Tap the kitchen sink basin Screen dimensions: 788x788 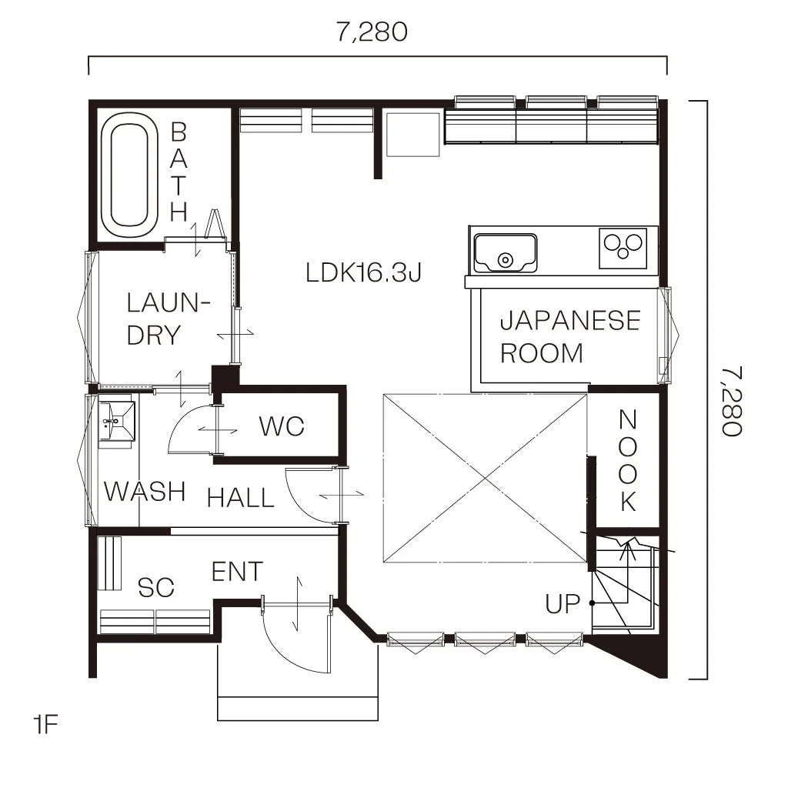click(505, 252)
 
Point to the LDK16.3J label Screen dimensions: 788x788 click(363, 273)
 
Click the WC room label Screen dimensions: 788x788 click(282, 426)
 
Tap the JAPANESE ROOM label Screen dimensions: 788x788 click(570, 337)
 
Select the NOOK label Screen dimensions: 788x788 click(628, 461)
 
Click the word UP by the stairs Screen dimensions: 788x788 click(563, 604)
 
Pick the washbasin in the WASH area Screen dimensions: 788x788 click(117, 420)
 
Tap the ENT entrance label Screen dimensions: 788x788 click(237, 572)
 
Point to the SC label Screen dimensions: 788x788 click(155, 587)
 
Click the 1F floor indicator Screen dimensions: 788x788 click(45, 725)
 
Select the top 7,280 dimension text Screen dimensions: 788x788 click(372, 32)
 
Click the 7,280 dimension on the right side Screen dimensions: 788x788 click(732, 401)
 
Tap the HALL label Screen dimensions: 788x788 click(241, 498)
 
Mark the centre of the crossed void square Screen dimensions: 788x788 click(485, 479)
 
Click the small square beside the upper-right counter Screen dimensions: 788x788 click(413, 135)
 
